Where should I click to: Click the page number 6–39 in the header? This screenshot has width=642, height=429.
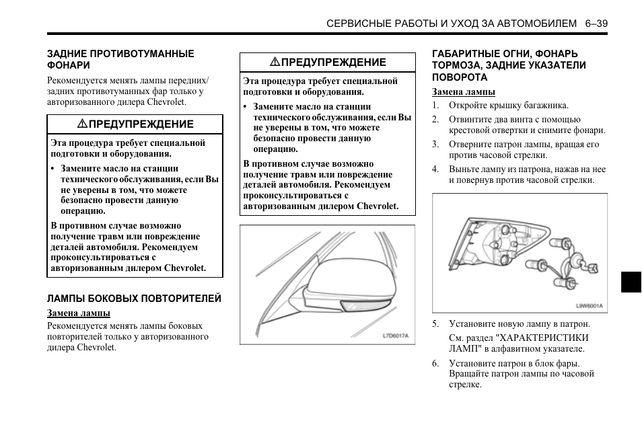click(596, 23)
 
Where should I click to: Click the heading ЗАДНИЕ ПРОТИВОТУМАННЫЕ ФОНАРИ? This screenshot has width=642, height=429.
click(120, 59)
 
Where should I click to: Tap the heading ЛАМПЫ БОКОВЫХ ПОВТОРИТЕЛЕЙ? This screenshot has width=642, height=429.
click(134, 299)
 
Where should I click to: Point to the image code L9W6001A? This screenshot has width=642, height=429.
click(589, 305)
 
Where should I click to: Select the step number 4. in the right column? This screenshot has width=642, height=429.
click(435, 169)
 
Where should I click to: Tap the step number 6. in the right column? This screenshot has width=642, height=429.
click(435, 364)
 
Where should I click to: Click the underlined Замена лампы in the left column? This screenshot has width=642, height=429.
click(78, 313)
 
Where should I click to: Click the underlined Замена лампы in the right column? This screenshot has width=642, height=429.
click(463, 91)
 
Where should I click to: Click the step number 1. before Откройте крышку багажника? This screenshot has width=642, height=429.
click(435, 106)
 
